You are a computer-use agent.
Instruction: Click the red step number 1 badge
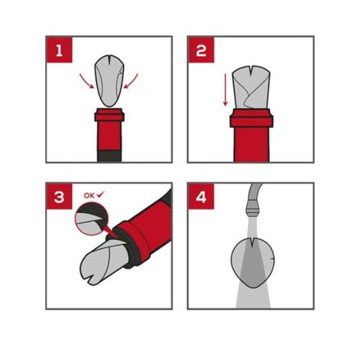[x=59, y=50]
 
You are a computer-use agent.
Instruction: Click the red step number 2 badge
[x=201, y=50]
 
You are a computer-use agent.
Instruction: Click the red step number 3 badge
[x=59, y=197]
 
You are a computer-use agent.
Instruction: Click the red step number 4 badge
[x=201, y=197]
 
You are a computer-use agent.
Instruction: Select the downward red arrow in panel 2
[x=225, y=90]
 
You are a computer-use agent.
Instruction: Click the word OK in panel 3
[x=89, y=196]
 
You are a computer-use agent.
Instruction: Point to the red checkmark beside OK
[x=101, y=195]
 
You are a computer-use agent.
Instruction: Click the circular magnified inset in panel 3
[x=91, y=219]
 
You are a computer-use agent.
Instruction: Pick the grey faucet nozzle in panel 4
[x=252, y=208]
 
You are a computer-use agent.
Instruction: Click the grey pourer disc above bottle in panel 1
[x=109, y=81]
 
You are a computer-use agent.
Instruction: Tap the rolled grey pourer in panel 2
[x=251, y=87]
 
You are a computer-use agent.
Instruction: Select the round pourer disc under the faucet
[x=253, y=263]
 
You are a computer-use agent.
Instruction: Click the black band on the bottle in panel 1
[x=109, y=156]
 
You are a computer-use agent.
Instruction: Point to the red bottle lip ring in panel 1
[x=109, y=115]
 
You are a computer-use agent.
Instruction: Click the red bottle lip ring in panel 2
[x=251, y=118]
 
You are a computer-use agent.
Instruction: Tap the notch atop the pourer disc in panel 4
[x=252, y=243]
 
